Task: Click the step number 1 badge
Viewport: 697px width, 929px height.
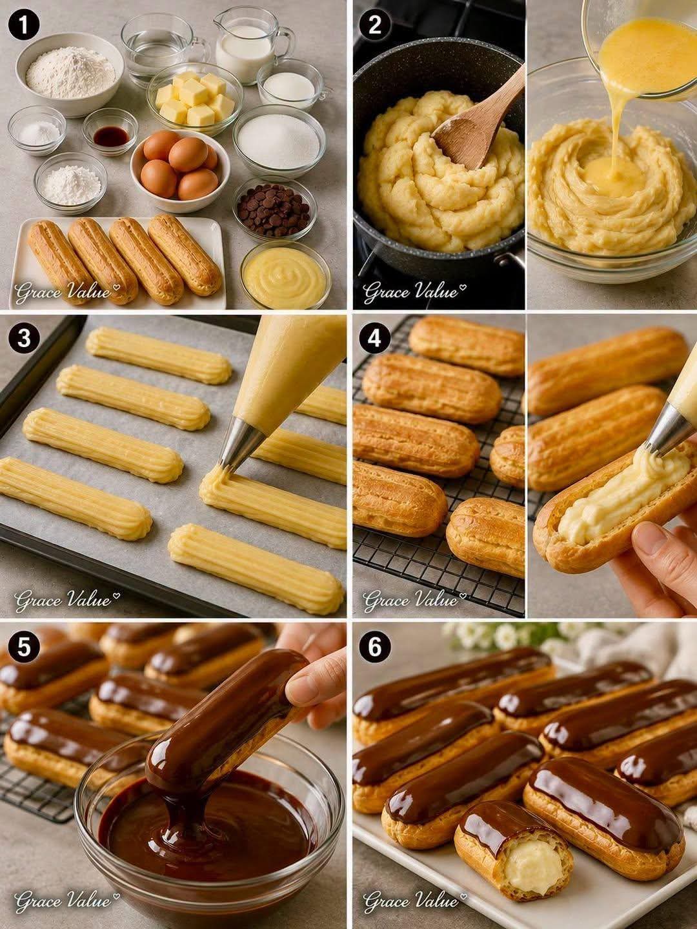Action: pos(24,25)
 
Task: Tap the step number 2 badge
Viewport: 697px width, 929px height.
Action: pos(374,25)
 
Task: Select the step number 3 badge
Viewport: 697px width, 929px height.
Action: pos(24,339)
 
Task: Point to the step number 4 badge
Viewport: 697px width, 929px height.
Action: pos(374,339)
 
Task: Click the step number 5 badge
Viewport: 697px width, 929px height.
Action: pos(24,648)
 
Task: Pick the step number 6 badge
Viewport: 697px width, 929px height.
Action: pos(374,648)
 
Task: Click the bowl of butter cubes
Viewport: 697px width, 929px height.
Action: pos(195,99)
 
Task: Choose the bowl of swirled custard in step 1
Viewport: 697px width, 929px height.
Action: pos(285,275)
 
